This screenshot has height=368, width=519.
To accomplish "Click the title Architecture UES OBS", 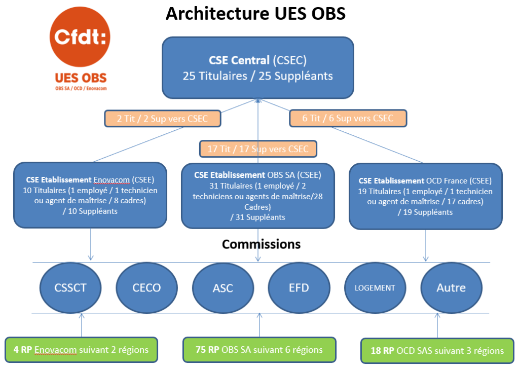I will pos(255,14).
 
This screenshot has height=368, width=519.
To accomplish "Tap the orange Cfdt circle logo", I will pos(80,38).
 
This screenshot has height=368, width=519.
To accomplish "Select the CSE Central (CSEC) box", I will pos(257,68).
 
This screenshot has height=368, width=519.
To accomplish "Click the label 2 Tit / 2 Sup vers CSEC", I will pos(163,119).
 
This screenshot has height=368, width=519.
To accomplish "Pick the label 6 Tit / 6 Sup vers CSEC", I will pos(348,118).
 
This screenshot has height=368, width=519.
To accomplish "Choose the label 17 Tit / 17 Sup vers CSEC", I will pos(258,149).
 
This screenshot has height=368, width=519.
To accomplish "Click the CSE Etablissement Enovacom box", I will pos(90,195).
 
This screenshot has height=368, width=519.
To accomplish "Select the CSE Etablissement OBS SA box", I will pos(257,196).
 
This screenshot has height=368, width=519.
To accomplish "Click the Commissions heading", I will pos(261,244).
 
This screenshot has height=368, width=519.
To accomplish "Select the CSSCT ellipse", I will pos(70,287).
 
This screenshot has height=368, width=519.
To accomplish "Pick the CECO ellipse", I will pos(146,287).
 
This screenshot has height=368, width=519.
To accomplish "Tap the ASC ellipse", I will pos(223,287).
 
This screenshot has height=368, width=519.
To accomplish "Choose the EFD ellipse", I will pos(299,287).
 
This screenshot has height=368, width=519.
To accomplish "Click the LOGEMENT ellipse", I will pos(375,287).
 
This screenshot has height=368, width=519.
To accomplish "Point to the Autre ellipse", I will pos(451,287).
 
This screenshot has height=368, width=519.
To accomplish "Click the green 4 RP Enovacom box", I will pos(81,350).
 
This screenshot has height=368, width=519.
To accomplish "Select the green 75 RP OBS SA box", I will pos(259,350).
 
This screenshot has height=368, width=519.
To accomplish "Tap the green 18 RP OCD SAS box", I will pos(436,351).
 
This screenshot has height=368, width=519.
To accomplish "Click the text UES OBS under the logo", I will pos(81,79).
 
